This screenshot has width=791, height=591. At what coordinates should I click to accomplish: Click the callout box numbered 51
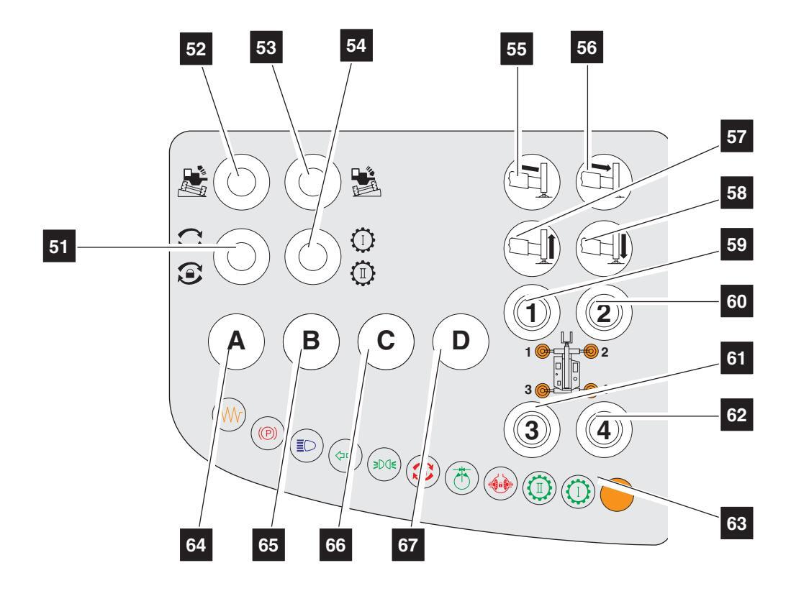59,246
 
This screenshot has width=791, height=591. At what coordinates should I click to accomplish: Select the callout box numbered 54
356,45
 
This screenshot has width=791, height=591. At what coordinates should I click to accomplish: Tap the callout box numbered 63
736,523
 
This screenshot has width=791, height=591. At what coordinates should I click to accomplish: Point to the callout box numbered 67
407,544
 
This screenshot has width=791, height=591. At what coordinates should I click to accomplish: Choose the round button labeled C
386,341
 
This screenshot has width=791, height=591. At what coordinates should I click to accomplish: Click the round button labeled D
461,341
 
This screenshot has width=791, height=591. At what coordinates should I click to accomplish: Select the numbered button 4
604,430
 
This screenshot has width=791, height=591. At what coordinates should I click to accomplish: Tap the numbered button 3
532,430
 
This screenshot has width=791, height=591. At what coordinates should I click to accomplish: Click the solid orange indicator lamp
617,495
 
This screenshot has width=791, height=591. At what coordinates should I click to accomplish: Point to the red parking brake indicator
267,433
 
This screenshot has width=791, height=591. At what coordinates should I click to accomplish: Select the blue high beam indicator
306,445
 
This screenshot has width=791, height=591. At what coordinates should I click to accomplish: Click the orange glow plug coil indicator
229,415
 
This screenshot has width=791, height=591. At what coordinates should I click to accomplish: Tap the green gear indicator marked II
539,487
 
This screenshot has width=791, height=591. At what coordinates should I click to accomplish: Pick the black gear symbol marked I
363,240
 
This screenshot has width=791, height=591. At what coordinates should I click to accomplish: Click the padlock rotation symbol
190,274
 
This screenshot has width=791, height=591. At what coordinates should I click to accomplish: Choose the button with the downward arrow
604,248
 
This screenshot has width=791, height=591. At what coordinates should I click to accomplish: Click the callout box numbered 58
736,193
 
